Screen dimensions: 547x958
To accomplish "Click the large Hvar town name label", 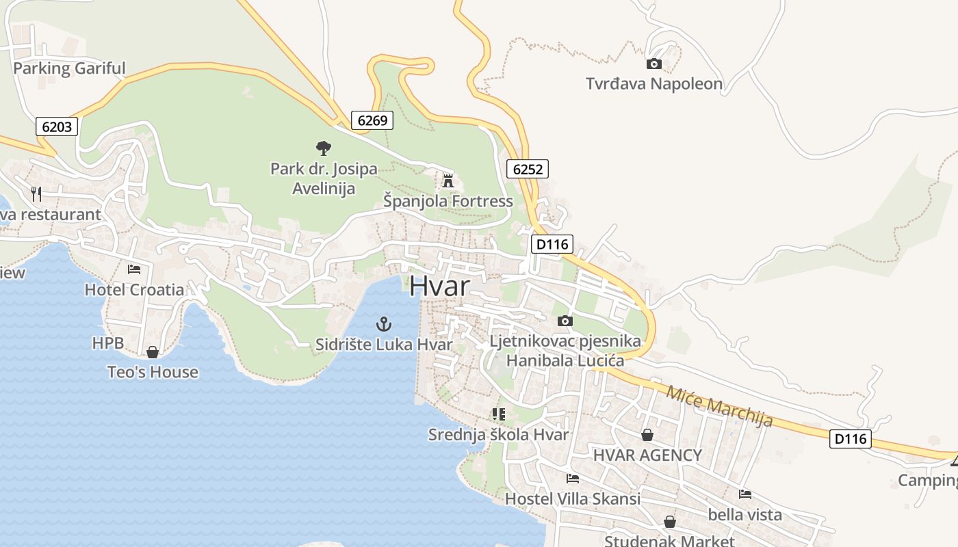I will point(440,286).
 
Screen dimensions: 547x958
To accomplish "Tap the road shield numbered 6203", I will point(57,126).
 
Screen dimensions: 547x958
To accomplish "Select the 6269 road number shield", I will point(373,121).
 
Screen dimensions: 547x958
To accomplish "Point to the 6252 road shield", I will point(528,169).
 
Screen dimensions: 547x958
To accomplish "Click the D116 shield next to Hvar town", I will point(552,244).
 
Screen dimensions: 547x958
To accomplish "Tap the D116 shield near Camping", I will point(851,439).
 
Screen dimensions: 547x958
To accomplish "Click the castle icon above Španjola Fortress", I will point(448,181).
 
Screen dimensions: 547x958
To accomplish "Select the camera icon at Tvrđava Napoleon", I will point(654,64).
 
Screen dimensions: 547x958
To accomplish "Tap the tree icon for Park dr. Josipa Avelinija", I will point(324,148).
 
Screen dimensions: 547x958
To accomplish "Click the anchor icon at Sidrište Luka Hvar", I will point(384,323).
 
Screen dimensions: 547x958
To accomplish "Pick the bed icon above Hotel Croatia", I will point(134,269).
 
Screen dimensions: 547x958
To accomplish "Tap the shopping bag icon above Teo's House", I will point(153,352).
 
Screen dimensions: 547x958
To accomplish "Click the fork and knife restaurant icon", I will point(36,194).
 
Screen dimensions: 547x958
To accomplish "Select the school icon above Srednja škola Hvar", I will point(498,414).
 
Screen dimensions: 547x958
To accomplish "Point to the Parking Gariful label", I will point(69,68).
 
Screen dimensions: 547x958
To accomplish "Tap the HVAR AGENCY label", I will point(647,455).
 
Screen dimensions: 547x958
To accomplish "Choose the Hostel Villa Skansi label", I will point(573,498).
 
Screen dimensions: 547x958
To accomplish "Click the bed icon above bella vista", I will point(745,494).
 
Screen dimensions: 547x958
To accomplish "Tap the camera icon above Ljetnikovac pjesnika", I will point(565,321).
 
